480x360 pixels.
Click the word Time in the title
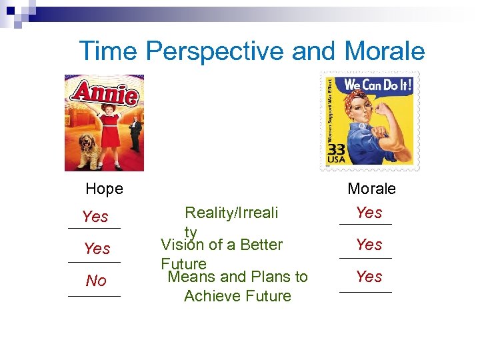pos(108,51)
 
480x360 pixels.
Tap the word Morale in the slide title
pos(385,51)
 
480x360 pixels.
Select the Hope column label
pos(105,189)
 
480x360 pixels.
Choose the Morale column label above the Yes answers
pos(371,189)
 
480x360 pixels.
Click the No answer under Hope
pos(96,281)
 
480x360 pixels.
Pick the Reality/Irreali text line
pos(231,213)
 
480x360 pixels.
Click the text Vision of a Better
pos(221,245)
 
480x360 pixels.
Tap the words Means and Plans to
pos(238,277)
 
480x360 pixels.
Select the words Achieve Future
pos(237,296)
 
